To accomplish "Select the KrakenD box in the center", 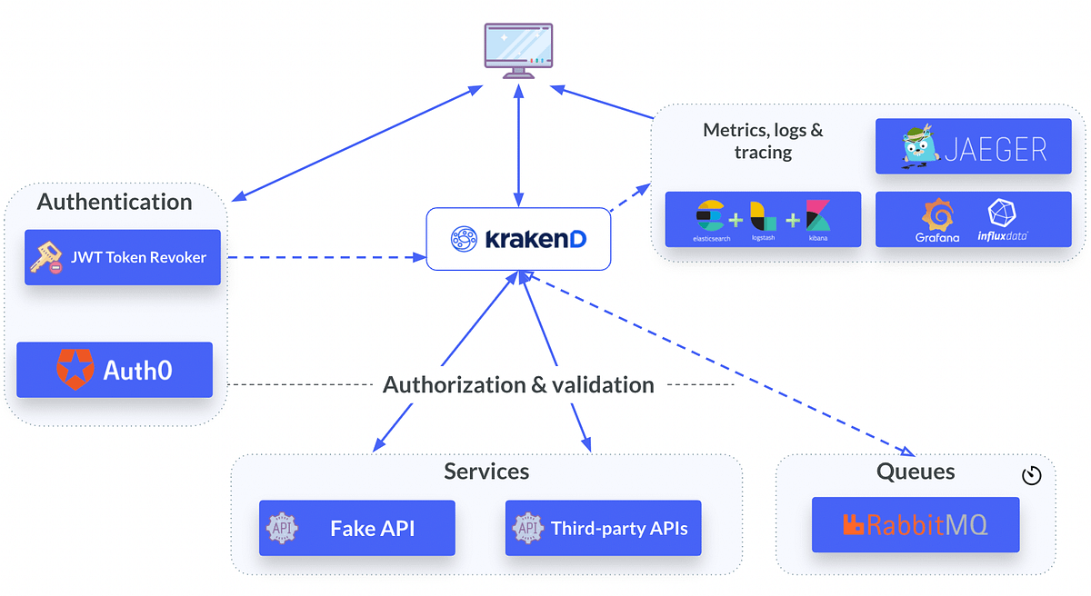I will click(518, 239).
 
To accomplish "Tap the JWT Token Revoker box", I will click(123, 257).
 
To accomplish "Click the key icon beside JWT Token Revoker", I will click(46, 258).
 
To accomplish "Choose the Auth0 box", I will click(115, 370).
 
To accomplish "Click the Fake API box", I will click(356, 528).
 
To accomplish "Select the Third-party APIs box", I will click(603, 528).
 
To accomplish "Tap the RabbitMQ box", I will click(916, 524).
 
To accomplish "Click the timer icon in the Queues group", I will click(1031, 476).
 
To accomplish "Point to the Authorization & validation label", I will click(518, 385).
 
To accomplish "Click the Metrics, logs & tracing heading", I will click(763, 141).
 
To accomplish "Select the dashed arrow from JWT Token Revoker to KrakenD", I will click(327, 258).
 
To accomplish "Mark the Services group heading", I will click(486, 472).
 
